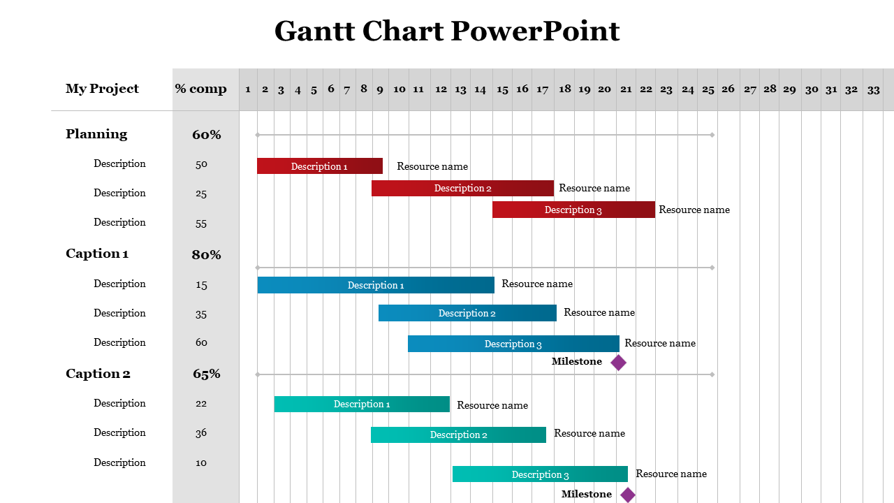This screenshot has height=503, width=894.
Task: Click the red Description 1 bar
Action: pyautogui.click(x=319, y=166)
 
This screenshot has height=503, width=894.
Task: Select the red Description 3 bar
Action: pyautogui.click(x=573, y=210)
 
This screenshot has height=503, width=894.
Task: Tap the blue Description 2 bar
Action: pyautogui.click(x=467, y=313)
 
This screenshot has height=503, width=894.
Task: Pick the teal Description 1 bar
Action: pyautogui.click(x=362, y=404)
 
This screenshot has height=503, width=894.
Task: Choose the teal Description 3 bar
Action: pyautogui.click(x=540, y=474)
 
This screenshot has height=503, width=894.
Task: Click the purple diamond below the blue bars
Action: pyautogui.click(x=618, y=362)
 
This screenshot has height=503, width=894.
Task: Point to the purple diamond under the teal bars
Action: pyautogui.click(x=628, y=495)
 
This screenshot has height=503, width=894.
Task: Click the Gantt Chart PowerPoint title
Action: pyautogui.click(x=447, y=31)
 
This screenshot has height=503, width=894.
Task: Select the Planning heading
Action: pyautogui.click(x=96, y=134)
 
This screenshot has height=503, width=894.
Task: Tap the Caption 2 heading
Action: pyautogui.click(x=98, y=374)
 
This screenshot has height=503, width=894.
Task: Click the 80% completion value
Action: pyautogui.click(x=206, y=255)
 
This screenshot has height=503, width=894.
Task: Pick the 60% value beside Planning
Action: pyautogui.click(x=206, y=135)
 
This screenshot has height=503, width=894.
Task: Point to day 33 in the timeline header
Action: pyautogui.click(x=873, y=89)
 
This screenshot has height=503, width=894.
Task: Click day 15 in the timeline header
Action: pyautogui.click(x=502, y=89)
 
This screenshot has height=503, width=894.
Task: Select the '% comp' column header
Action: pyautogui.click(x=200, y=89)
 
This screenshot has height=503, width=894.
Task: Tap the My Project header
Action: pyautogui.click(x=102, y=89)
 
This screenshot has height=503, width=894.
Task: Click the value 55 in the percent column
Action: pyautogui.click(x=201, y=224)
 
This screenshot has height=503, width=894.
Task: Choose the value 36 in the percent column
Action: pyautogui.click(x=201, y=433)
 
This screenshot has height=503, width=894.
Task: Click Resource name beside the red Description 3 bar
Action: pyautogui.click(x=694, y=210)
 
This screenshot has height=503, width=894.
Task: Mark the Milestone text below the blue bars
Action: pyautogui.click(x=577, y=361)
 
